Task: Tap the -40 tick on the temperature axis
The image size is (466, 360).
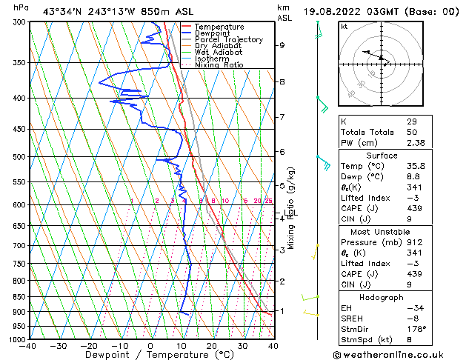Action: tap(29, 346)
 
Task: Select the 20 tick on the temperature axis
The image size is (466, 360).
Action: tap(211, 346)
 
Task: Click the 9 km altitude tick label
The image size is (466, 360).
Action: tap(282, 45)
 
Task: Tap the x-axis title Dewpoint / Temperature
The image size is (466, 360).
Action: tap(150, 356)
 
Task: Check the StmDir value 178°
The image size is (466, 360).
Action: tap(416, 329)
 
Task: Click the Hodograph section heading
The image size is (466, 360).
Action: tap(382, 297)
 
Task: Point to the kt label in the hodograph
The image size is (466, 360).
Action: tap(344, 27)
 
